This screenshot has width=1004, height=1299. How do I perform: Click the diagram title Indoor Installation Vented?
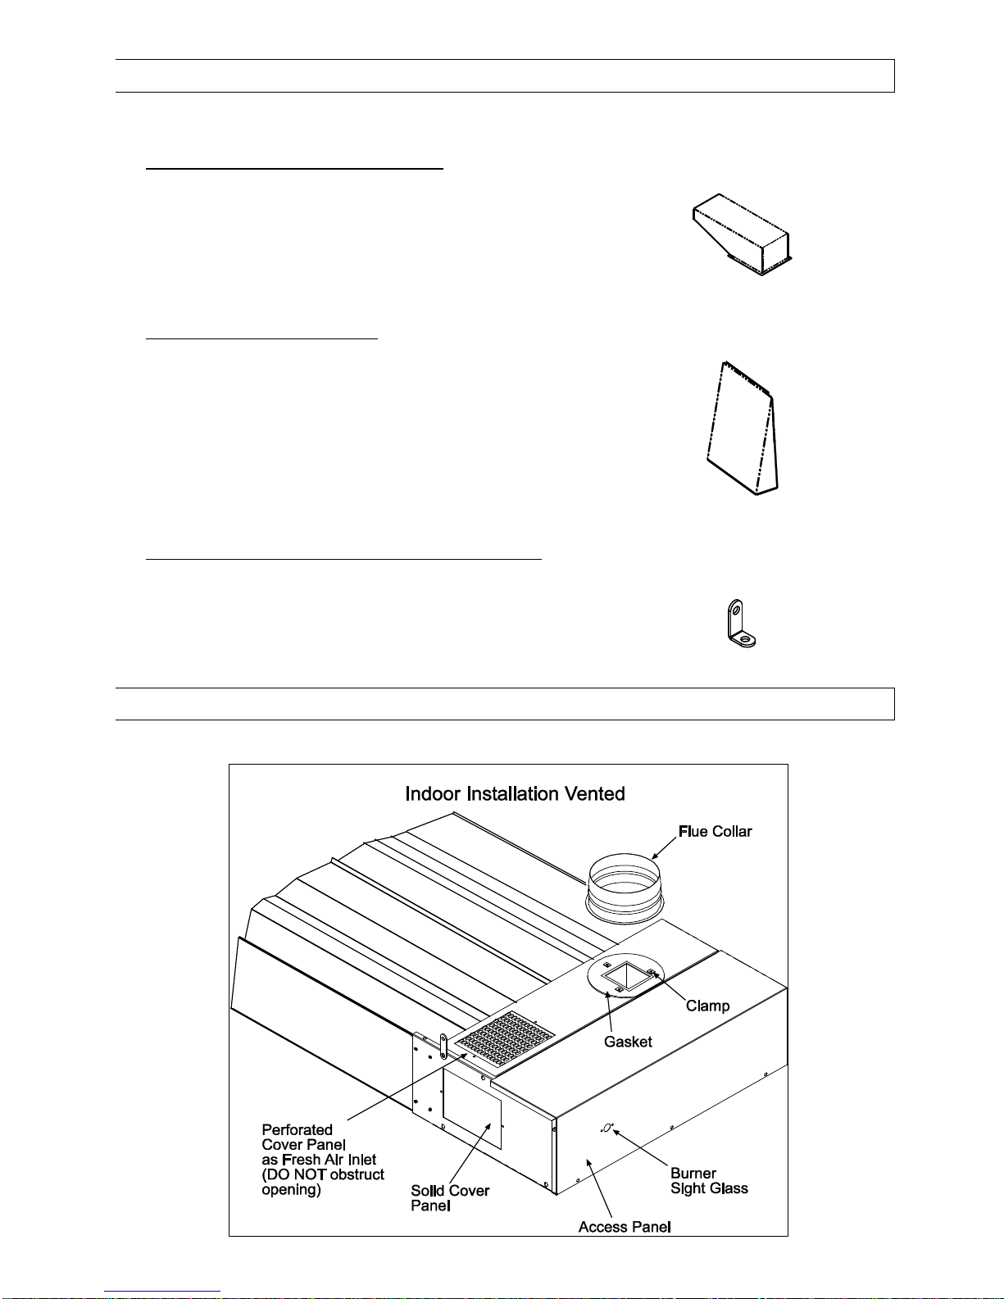515,794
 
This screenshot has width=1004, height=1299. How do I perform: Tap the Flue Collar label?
715,832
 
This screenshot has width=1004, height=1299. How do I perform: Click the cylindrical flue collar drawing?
625,889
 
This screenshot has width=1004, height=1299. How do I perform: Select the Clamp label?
707,1006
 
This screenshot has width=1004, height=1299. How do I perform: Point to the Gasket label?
628,1042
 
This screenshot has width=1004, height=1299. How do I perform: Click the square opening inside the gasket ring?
625,976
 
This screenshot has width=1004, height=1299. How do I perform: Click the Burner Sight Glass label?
709,1181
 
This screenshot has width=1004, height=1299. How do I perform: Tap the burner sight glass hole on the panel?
606,1128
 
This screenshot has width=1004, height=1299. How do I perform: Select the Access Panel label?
625,1227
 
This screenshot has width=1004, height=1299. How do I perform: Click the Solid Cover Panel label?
450,1198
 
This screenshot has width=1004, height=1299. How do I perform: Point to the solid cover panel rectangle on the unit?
471,1109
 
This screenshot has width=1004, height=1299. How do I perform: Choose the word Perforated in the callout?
297,1130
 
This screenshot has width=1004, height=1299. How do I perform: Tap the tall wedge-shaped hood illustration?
743,428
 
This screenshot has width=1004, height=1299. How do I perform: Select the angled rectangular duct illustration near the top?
743,234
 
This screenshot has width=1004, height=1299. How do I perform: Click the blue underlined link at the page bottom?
162,1292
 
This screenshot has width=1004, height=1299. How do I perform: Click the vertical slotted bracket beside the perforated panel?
443,1046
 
